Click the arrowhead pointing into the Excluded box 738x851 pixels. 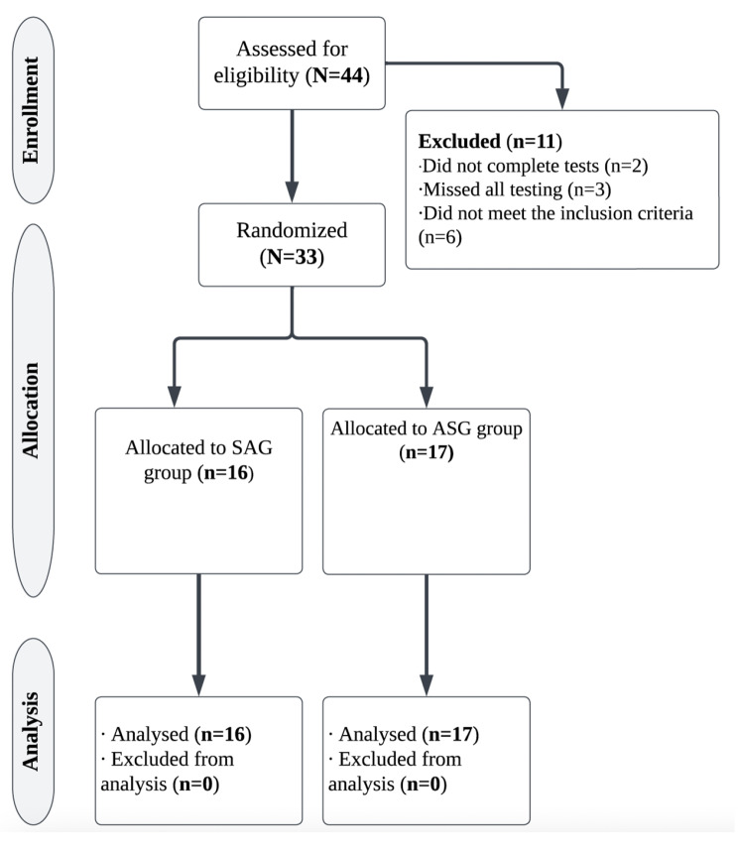click(562, 100)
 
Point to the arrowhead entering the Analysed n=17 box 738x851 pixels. click(426, 684)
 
